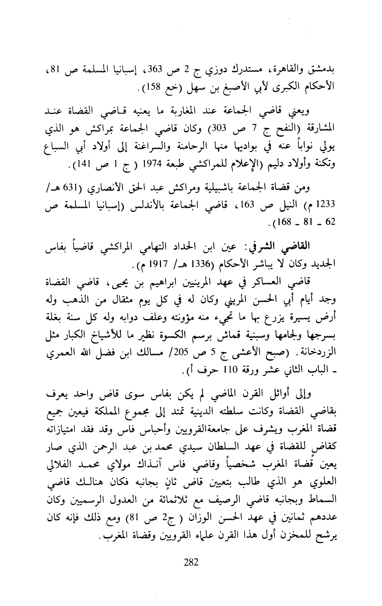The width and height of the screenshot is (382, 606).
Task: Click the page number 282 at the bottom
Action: tap(191, 562)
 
